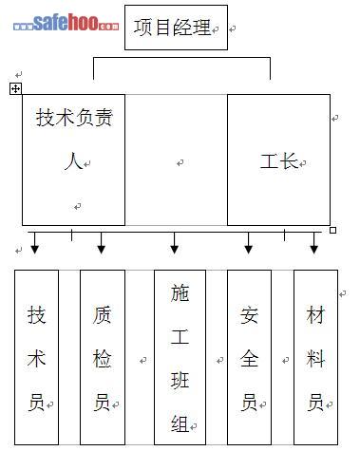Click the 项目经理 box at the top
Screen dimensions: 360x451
click(x=176, y=28)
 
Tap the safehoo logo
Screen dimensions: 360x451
click(x=66, y=23)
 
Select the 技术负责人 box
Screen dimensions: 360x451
click(x=73, y=160)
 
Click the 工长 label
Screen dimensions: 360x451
click(x=278, y=161)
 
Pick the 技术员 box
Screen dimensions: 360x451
click(x=36, y=357)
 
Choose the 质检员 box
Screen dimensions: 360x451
click(x=103, y=357)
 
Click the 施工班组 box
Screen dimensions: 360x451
click(x=180, y=357)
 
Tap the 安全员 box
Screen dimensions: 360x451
click(x=249, y=357)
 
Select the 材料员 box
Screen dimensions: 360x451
click(x=315, y=357)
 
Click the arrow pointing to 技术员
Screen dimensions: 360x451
click(x=35, y=243)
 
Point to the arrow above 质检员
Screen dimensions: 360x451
click(x=101, y=243)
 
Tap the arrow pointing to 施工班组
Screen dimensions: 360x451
click(x=174, y=243)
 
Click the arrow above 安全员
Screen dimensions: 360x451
click(x=249, y=243)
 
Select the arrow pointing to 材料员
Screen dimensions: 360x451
click(x=313, y=243)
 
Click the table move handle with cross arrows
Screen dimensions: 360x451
click(x=15, y=88)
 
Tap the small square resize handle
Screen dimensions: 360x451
click(x=332, y=230)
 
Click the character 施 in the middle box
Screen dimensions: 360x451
click(x=180, y=293)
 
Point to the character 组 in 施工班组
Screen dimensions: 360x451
click(x=180, y=423)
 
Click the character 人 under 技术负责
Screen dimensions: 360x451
click(x=73, y=161)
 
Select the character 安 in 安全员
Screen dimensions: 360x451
click(x=249, y=315)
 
